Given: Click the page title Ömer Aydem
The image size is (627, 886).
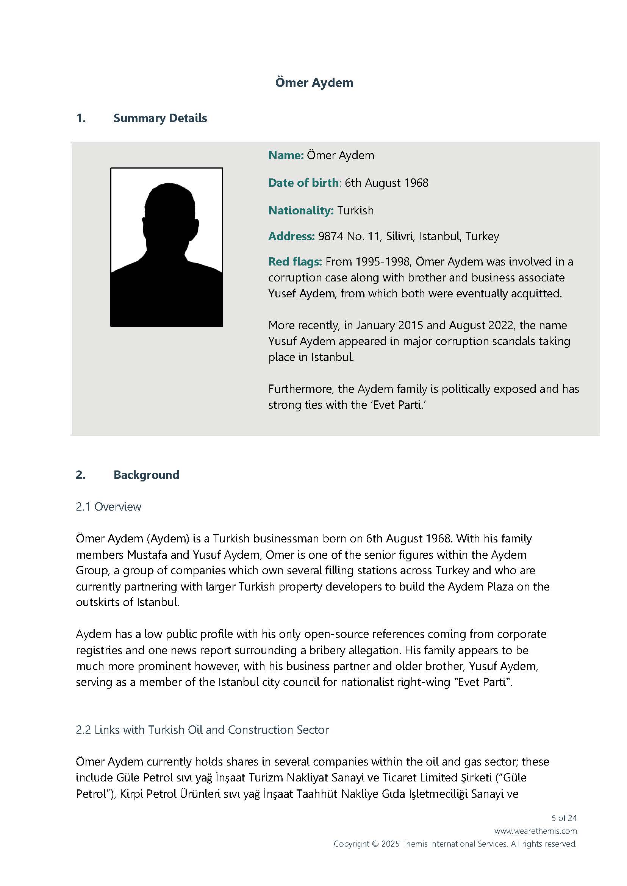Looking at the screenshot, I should [x=314, y=83].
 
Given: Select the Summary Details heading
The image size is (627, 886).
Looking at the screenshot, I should [x=160, y=118].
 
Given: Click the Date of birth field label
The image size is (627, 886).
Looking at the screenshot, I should [x=303, y=183].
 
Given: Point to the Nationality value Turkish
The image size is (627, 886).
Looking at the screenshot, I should [x=355, y=210].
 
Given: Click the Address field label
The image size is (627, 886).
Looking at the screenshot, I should [x=291, y=236].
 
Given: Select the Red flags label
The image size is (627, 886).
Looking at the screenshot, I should [x=295, y=262].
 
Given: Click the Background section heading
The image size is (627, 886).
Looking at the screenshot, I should [x=146, y=475].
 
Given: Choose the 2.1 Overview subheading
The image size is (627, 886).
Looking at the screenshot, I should [x=108, y=506].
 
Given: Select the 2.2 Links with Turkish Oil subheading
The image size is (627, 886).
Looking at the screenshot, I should [x=202, y=730].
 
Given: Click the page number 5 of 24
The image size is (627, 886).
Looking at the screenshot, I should [x=564, y=818].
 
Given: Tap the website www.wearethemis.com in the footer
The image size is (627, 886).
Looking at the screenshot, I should [x=535, y=831].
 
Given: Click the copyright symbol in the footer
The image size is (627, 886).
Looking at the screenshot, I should [x=375, y=844].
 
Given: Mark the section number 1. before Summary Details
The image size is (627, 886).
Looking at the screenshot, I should [x=81, y=118].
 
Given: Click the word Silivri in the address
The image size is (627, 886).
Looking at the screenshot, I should [x=400, y=236].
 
